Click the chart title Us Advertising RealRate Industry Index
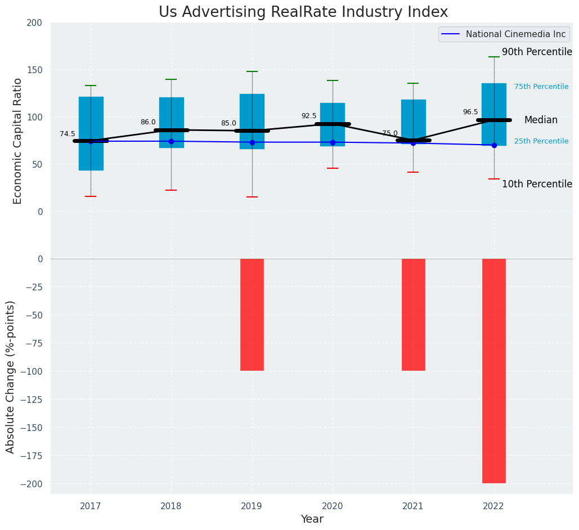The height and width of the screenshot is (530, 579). coord(303,12)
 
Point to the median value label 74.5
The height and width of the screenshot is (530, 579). coord(68,134)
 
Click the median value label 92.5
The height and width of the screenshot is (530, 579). coord(309,116)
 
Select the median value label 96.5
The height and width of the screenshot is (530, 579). coord(470,112)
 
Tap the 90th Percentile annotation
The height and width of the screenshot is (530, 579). coord(537,52)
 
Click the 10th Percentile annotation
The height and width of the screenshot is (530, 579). coord(537,184)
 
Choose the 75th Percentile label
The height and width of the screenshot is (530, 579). coord(541,87)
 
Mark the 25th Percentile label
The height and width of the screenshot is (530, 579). coord(541,141)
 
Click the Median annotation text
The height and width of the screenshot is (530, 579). coord(541,120)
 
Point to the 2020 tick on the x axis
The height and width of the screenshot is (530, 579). coord(333,506)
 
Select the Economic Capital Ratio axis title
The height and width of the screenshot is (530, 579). coord(18,141)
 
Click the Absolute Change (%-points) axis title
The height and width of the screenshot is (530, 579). coord(11,376)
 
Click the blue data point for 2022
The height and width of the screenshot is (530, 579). coord(494,145)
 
